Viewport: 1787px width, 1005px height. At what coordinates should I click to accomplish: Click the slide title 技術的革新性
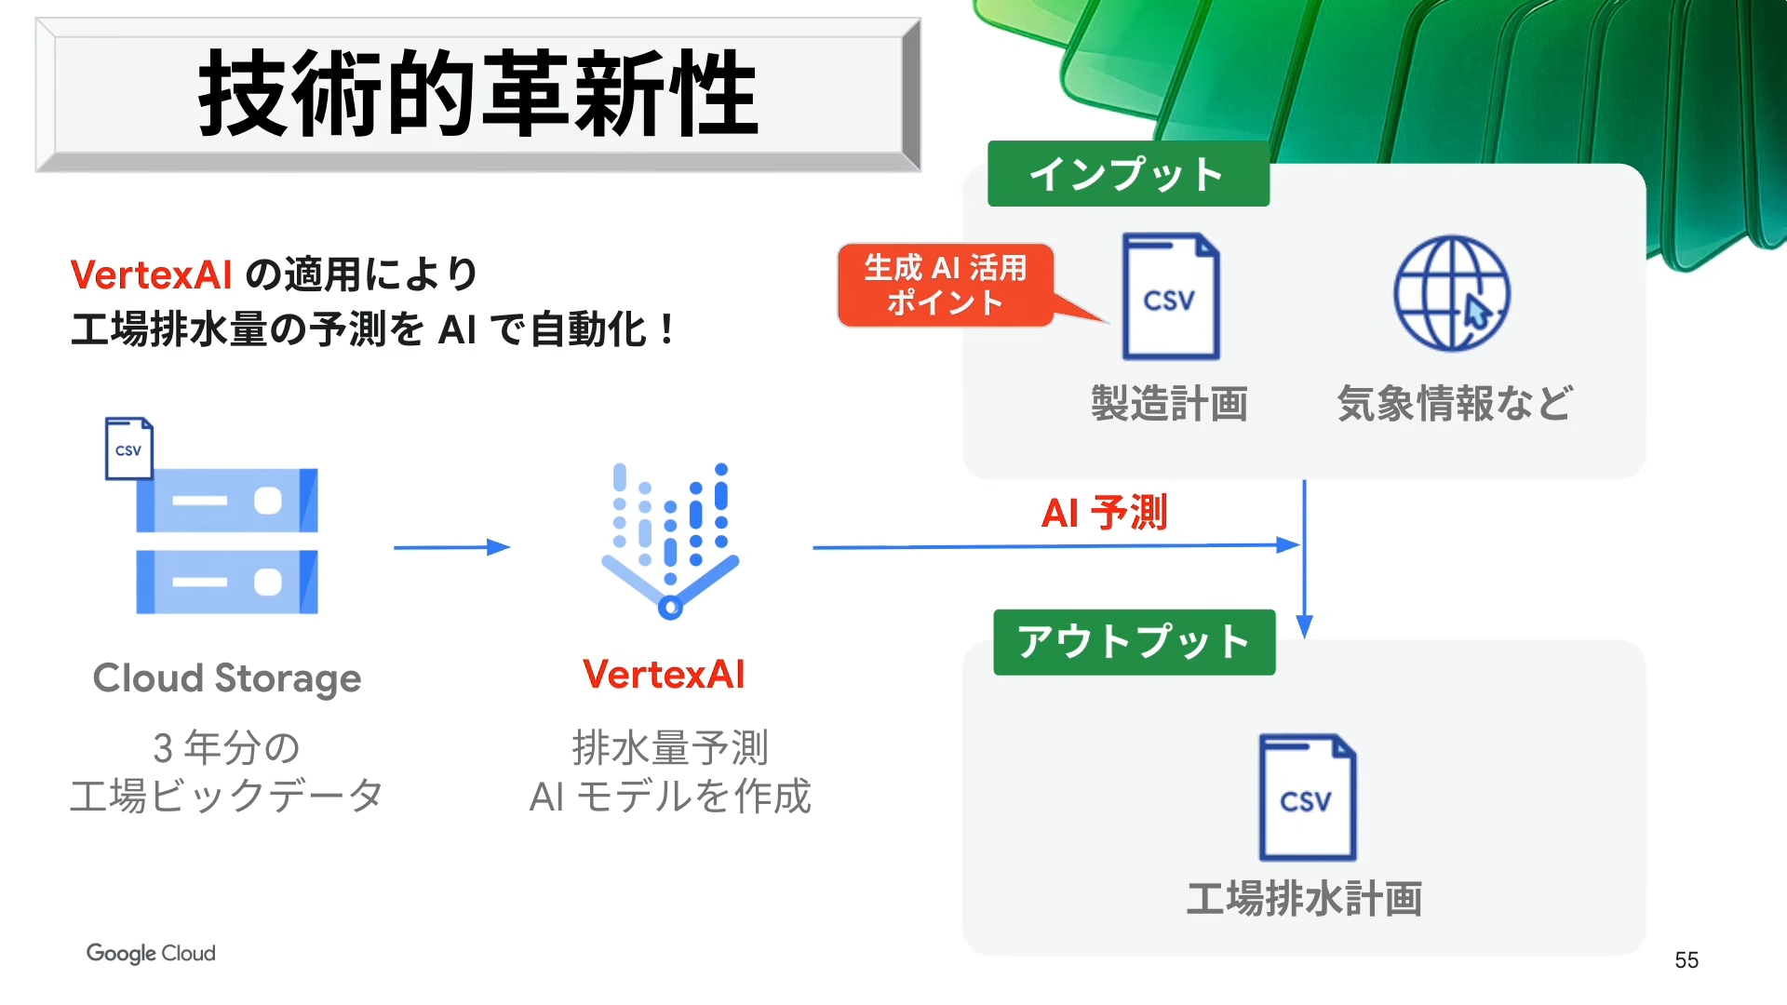tap(478, 94)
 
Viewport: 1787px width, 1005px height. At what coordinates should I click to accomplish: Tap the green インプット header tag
tap(1128, 174)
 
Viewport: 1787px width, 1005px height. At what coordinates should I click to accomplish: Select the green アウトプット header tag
tap(1134, 642)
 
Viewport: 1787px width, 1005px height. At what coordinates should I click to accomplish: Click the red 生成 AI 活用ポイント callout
tap(946, 285)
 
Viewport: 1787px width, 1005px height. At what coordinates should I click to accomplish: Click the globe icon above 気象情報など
tap(1451, 294)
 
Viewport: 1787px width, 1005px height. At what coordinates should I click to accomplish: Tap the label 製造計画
tap(1170, 404)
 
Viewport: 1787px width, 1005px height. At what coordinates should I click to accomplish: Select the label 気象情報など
tap(1455, 404)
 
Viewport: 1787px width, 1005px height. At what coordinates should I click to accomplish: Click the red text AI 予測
tap(1104, 513)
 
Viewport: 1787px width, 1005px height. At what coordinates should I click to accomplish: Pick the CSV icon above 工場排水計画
tap(1307, 797)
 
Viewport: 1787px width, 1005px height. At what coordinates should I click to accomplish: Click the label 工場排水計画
tap(1304, 899)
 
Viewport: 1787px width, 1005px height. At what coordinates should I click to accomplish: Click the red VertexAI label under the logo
tap(664, 675)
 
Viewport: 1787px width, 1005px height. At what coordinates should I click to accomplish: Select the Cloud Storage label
tap(227, 678)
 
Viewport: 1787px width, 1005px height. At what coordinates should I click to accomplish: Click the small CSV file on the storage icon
tap(128, 449)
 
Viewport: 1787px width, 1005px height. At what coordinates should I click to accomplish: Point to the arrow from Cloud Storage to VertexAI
tap(451, 547)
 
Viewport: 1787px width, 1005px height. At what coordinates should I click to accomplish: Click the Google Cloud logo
tap(151, 953)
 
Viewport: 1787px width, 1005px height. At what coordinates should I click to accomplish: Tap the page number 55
tap(1686, 960)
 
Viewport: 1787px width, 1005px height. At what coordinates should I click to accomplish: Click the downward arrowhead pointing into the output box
tap(1304, 626)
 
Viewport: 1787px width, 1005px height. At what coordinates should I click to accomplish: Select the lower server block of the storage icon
tap(227, 583)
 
